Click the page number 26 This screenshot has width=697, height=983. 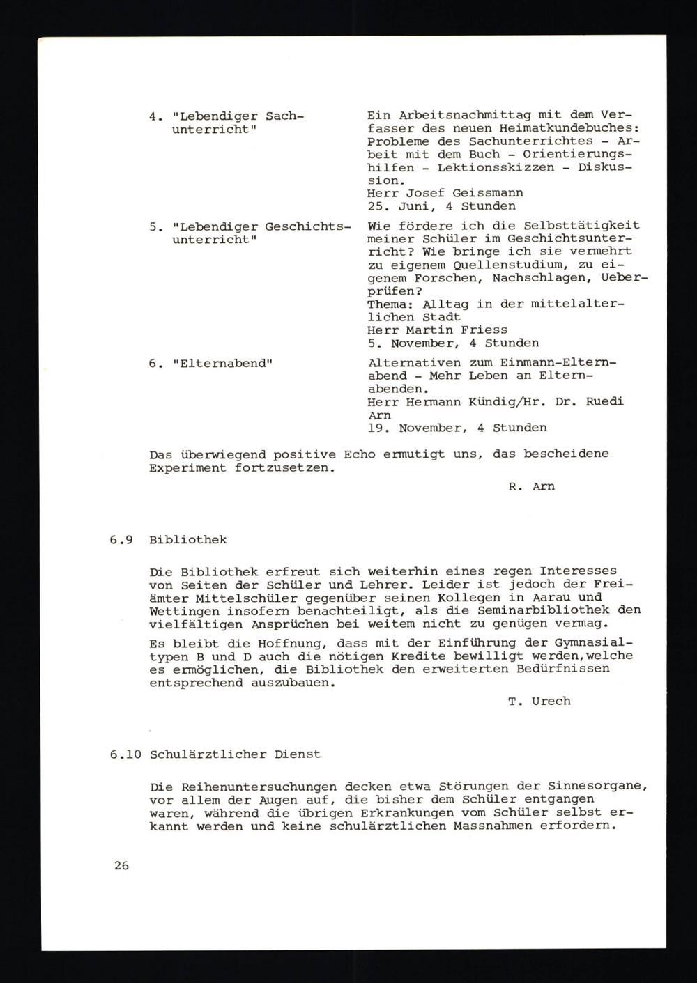[122, 866]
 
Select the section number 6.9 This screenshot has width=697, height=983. [121, 540]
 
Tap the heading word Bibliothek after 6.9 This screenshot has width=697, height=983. [187, 540]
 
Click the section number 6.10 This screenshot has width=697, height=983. [125, 754]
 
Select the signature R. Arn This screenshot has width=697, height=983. [532, 486]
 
